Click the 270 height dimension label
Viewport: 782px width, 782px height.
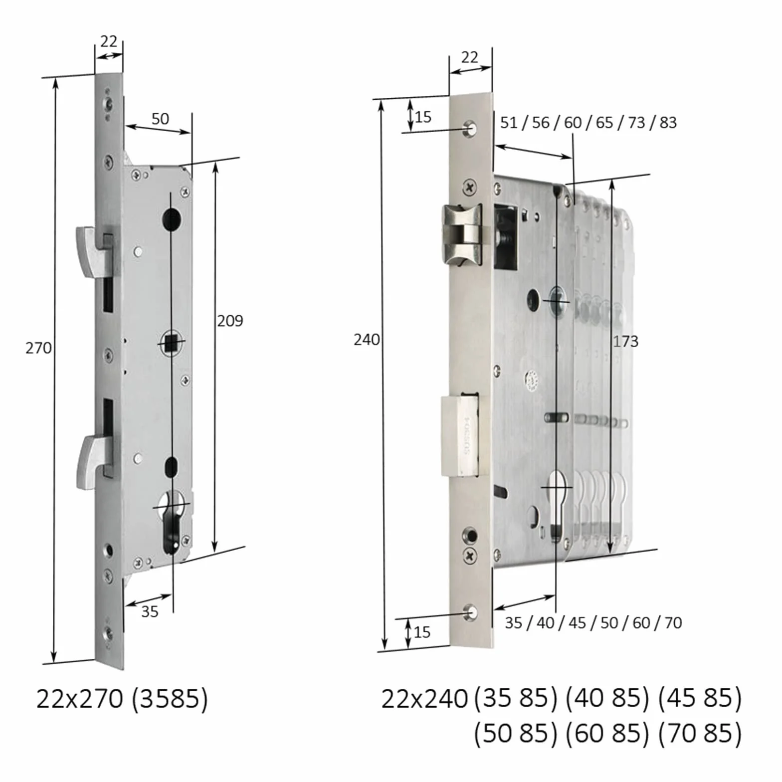[x=38, y=348]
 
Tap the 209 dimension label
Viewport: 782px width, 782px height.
[x=230, y=321]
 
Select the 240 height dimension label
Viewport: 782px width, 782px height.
[x=367, y=340]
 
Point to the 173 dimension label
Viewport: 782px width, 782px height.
[x=625, y=341]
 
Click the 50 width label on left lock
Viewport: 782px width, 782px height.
[x=160, y=119]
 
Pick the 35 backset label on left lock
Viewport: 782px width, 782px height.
[x=150, y=611]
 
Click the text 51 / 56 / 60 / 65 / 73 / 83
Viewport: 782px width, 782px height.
[x=588, y=122]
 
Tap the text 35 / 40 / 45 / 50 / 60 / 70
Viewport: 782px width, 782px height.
[x=593, y=623]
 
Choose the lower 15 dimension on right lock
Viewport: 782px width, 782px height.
[x=422, y=632]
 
